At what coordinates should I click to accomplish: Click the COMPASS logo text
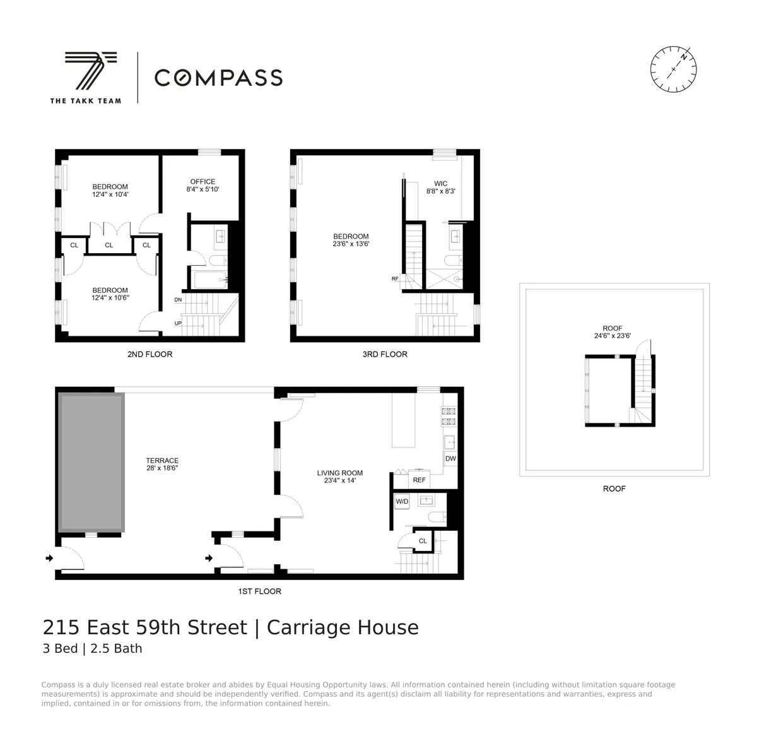[218, 78]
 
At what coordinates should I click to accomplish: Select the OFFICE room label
[202, 182]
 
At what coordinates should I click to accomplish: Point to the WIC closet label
[440, 184]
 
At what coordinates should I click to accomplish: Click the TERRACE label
[162, 461]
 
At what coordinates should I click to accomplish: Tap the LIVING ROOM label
[340, 473]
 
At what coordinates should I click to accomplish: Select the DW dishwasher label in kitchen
[450, 459]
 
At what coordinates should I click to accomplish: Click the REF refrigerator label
[419, 480]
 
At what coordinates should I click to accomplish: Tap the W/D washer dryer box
[402, 502]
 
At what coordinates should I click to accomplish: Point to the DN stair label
[178, 300]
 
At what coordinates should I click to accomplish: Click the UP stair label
[178, 324]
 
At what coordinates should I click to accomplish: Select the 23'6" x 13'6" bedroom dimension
[351, 244]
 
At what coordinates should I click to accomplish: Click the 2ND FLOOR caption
[150, 354]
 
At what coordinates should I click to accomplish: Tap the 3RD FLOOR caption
[385, 354]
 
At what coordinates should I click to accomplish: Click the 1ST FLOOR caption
[259, 591]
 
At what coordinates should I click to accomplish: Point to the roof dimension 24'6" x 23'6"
[613, 336]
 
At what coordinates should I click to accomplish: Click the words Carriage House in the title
[343, 628]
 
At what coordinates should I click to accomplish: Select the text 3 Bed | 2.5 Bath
[92, 649]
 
